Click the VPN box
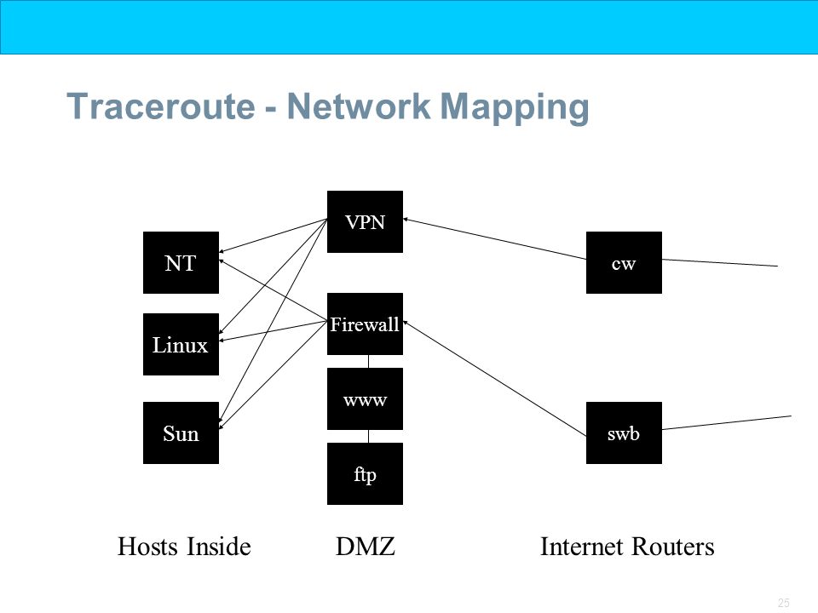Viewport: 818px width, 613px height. pos(365,221)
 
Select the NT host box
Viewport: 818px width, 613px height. pos(181,263)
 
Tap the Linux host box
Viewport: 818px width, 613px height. pos(181,344)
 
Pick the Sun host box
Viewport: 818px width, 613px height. pos(181,433)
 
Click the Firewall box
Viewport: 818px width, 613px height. pos(365,324)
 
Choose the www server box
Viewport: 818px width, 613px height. pos(365,398)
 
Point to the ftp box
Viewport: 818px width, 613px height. pos(365,474)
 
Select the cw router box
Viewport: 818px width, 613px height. pos(624,263)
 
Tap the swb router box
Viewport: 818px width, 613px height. pos(624,433)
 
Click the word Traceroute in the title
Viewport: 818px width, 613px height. pos(161,106)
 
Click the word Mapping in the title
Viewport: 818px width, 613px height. pos(515,108)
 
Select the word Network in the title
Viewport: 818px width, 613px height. pos(359,106)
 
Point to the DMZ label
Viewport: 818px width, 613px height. pos(366,547)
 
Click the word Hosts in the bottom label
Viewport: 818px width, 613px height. pos(148,547)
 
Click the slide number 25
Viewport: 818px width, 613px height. pos(784,603)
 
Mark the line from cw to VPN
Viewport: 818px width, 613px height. pos(494,238)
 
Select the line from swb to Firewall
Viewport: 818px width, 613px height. pos(494,378)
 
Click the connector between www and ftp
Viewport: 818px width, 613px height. pos(368,436)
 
